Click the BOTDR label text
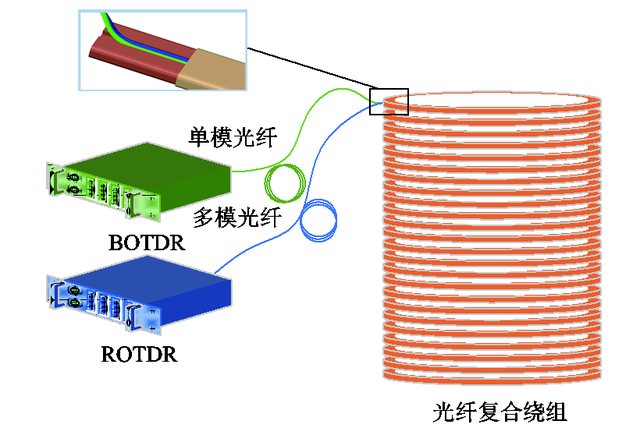pos(146,241)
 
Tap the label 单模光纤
pos(229,135)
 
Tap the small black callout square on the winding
pos(389,100)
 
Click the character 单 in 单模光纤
pos(199,135)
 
